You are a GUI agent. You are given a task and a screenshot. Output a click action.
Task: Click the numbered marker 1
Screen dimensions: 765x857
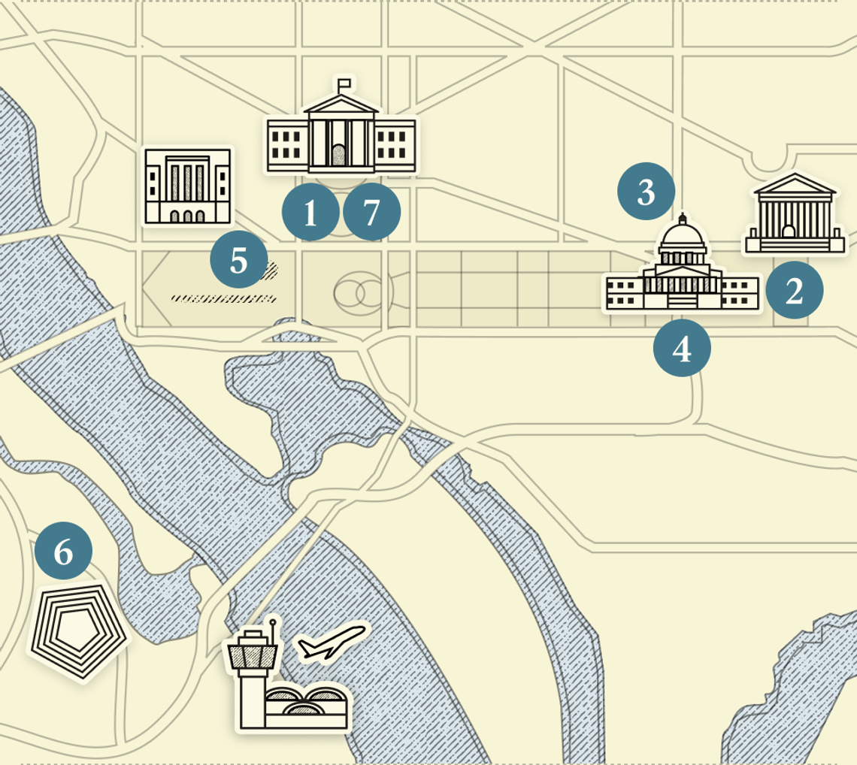tap(310, 213)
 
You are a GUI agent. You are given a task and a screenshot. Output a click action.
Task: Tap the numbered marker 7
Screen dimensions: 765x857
tap(371, 213)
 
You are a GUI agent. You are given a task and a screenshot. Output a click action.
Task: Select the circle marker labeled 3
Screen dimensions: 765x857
tap(646, 192)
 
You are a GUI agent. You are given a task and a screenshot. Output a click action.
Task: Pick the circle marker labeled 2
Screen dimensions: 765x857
tap(794, 291)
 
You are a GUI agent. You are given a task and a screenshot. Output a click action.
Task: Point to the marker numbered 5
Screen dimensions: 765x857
tap(238, 260)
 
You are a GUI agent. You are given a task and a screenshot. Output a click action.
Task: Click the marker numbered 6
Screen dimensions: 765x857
tap(63, 552)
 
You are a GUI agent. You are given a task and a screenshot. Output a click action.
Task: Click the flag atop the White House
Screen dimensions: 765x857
tap(344, 82)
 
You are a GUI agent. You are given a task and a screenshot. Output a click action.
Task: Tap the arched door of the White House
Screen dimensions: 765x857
tap(340, 156)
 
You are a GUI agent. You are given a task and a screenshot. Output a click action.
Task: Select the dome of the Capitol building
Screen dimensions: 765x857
tap(682, 239)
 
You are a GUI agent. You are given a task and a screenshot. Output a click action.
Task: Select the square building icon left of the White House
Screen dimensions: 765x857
tap(188, 186)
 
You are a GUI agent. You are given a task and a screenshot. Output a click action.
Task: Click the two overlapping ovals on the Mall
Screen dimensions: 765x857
tap(360, 293)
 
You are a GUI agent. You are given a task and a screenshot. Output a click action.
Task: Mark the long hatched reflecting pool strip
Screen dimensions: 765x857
tap(223, 298)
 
